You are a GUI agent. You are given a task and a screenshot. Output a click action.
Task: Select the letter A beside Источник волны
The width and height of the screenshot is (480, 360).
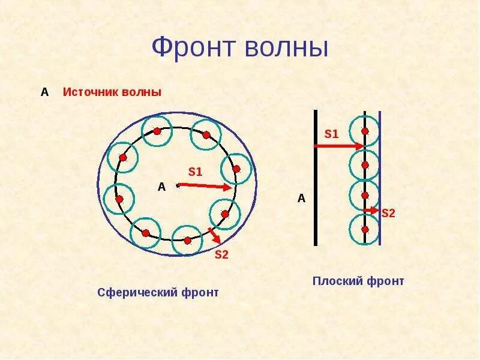(x=44, y=92)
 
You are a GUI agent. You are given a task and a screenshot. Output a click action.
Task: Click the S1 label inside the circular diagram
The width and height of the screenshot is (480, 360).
(x=196, y=172)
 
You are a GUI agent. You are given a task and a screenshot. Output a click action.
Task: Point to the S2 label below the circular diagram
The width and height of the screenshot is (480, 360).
(x=221, y=254)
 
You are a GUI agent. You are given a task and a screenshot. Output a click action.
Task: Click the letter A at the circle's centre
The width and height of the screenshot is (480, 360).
(x=161, y=187)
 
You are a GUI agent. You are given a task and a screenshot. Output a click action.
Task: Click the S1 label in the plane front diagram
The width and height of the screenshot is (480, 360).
(x=332, y=134)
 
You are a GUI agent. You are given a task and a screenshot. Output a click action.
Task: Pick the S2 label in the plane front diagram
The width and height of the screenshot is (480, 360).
(x=388, y=213)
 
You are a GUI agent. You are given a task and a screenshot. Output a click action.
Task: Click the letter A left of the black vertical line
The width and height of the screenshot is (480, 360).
(x=302, y=199)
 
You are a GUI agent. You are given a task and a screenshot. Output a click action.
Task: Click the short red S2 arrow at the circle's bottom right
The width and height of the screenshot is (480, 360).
(x=214, y=235)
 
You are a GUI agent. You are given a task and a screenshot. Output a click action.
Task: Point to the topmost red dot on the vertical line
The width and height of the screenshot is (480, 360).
(x=365, y=131)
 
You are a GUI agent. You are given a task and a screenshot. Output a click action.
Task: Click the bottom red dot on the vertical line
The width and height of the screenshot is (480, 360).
(x=365, y=229)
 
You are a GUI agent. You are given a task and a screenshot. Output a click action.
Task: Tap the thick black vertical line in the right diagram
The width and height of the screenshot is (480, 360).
(x=316, y=180)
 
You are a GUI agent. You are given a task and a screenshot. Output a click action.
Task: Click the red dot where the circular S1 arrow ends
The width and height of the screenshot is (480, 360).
(x=236, y=169)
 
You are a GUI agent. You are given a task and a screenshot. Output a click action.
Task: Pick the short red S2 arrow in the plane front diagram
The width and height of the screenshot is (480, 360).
(x=372, y=210)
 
